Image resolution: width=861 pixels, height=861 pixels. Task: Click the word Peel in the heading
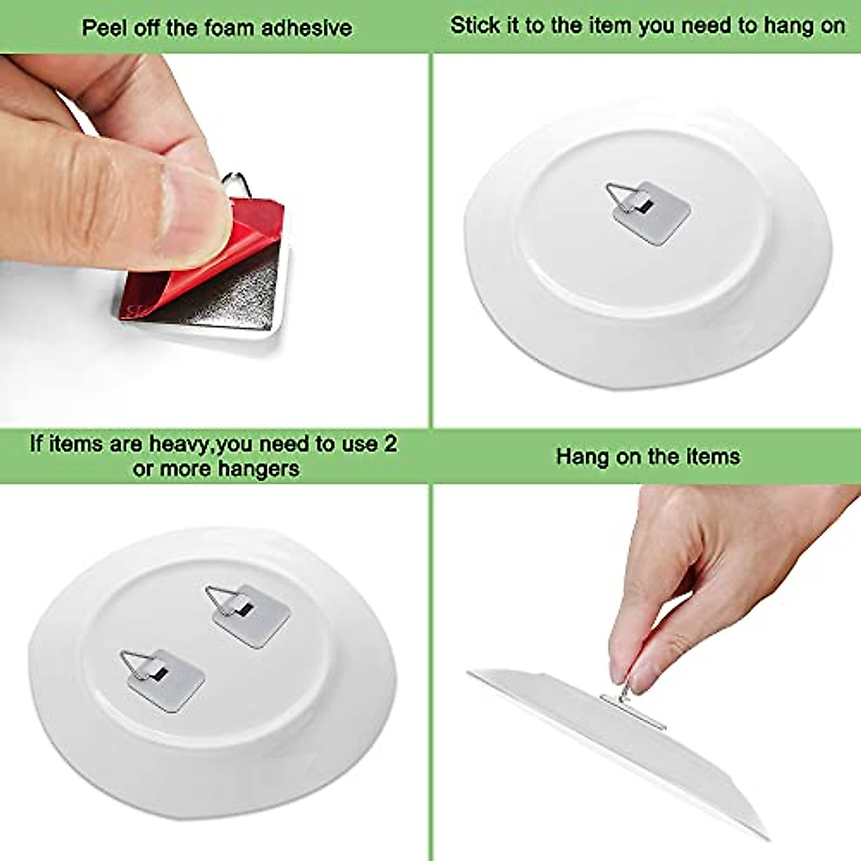(100, 28)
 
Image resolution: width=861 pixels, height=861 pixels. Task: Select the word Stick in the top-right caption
(471, 26)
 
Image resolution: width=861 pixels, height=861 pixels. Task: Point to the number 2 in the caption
(390, 443)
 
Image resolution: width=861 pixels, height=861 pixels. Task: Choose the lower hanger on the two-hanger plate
(168, 680)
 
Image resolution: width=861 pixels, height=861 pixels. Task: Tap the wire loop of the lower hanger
(136, 664)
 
